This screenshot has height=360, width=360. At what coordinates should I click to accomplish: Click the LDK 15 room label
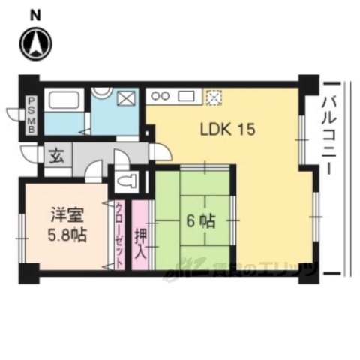[227, 129]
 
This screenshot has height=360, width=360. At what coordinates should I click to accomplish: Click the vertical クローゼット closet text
[120, 236]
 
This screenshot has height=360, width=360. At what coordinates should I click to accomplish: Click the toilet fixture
[128, 180]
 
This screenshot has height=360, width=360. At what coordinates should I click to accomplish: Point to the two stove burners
[161, 96]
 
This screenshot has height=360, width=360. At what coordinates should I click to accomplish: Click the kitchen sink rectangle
[187, 96]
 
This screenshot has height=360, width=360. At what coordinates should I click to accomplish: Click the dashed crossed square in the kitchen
[215, 96]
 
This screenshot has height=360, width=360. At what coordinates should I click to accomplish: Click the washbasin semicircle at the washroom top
[103, 91]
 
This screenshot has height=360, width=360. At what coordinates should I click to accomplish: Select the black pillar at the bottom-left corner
[28, 272]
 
